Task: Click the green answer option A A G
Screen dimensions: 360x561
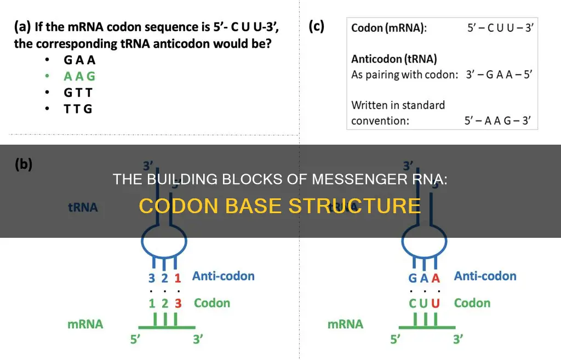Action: (79, 77)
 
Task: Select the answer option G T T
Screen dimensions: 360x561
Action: (78, 93)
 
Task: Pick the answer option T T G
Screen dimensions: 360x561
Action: (78, 108)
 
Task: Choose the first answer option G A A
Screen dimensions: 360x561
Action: (79, 61)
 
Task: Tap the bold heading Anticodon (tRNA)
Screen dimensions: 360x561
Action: (394, 59)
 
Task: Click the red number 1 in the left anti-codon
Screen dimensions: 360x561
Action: (178, 277)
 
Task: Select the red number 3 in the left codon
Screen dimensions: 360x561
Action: (178, 303)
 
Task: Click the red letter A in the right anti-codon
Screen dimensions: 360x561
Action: (436, 277)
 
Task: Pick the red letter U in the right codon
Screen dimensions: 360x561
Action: (436, 303)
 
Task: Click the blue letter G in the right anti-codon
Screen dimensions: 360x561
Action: (413, 277)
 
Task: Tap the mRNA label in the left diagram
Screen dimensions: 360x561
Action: (85, 324)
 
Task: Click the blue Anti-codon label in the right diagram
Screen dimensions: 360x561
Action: (485, 276)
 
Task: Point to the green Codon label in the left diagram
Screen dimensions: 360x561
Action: (212, 303)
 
